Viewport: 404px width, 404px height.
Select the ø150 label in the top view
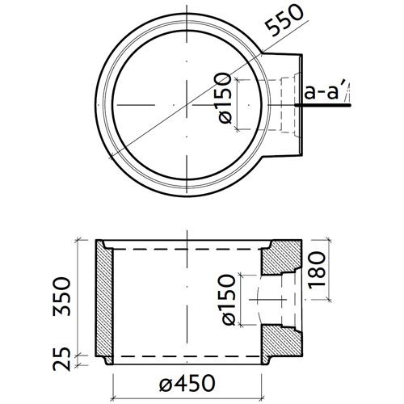(227, 98)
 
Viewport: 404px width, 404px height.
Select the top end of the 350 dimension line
(79, 240)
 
